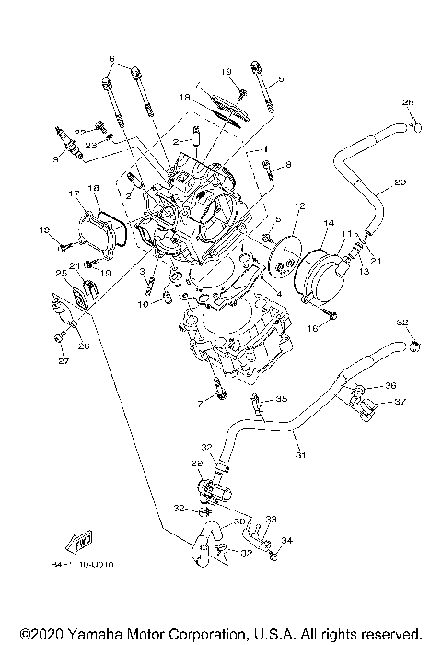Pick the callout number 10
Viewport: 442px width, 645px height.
(144, 303)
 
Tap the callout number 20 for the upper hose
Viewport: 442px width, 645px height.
(399, 183)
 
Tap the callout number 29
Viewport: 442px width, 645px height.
(196, 463)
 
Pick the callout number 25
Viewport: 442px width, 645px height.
(62, 273)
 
